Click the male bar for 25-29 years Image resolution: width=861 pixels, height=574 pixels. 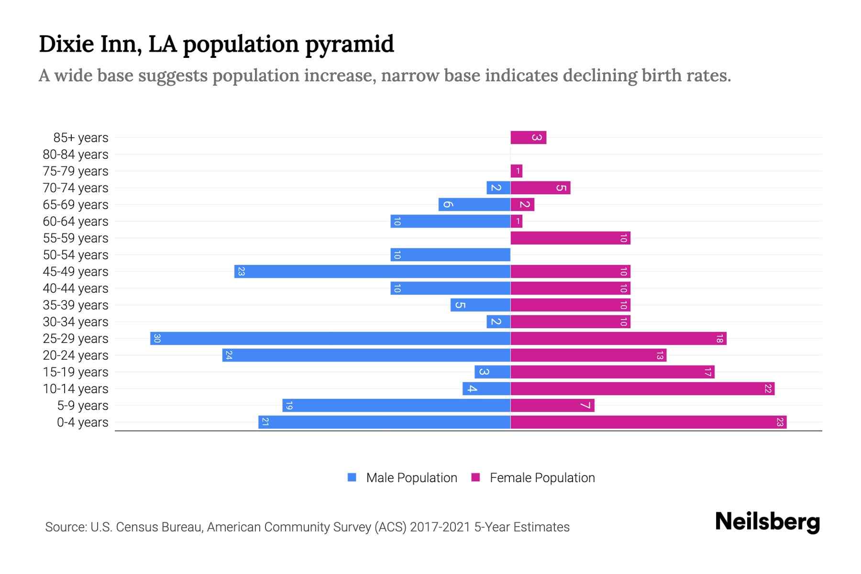[330, 338]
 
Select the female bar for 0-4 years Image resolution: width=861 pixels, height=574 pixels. [648, 422]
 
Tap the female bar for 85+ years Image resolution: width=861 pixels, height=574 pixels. [528, 138]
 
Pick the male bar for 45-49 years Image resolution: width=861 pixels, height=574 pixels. [372, 271]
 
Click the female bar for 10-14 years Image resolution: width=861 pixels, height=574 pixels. [642, 388]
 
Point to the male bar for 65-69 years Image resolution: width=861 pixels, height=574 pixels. [474, 204]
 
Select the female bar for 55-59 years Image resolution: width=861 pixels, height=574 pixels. [570, 238]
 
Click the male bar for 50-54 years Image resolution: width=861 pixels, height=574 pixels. [450, 254]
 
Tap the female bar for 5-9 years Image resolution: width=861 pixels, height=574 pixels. [552, 405]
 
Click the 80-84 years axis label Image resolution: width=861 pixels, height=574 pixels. [76, 155]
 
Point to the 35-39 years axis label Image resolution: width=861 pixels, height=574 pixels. [76, 305]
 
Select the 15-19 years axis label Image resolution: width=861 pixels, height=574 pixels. [76, 372]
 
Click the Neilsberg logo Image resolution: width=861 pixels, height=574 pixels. [767, 522]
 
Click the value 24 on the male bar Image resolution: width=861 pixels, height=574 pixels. [229, 355]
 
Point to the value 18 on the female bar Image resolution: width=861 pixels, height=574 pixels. [719, 339]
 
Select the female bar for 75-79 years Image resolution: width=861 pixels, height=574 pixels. [516, 171]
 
